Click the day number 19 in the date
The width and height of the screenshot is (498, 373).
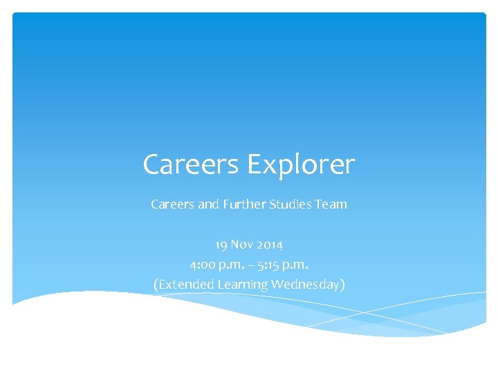[221, 245]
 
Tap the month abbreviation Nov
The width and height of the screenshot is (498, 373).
[241, 245]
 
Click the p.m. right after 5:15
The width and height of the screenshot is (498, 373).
[293, 265]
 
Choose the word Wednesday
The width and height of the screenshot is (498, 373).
[304, 285]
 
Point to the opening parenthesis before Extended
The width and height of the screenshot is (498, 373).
[156, 285]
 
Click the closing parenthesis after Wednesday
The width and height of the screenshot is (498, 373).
[342, 285]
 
